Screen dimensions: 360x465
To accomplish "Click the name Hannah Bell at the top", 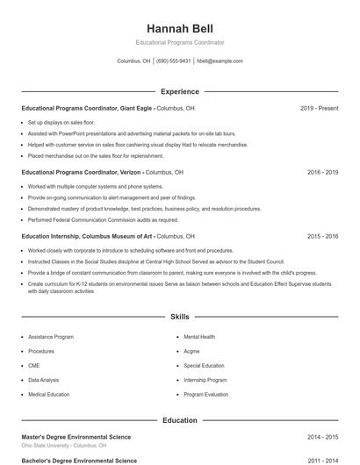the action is (179, 28).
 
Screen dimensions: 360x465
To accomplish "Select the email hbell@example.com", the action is (220, 61).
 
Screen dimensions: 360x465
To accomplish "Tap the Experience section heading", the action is (179, 91).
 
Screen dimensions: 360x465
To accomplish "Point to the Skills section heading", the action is (179, 316).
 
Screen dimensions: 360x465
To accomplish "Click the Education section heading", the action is (179, 420).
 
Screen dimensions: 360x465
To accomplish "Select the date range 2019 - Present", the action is (319, 108).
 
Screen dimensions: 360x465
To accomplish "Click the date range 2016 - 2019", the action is (322, 173).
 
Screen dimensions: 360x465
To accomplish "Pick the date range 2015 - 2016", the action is (322, 237).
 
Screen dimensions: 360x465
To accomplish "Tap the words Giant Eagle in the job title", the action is (133, 108).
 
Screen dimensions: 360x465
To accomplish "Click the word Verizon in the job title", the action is (127, 173).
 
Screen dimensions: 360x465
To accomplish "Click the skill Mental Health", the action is (199, 337).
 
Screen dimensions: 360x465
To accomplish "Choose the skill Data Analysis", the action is (44, 380).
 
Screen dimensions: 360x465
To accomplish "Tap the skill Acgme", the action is (191, 351).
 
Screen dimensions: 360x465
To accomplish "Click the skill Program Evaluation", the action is (205, 395).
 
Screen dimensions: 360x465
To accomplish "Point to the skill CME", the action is (33, 366).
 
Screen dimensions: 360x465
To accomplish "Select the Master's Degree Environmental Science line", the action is (76, 436).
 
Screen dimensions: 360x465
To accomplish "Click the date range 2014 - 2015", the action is (322, 436).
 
